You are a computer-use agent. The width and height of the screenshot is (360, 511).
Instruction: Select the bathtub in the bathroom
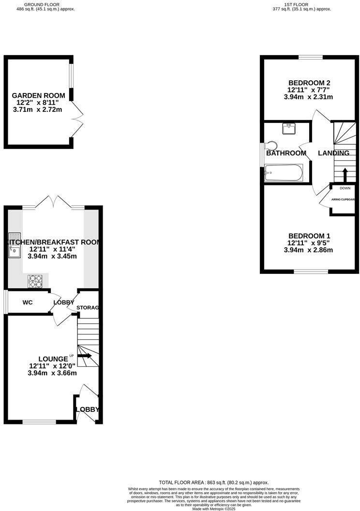tap(284, 173)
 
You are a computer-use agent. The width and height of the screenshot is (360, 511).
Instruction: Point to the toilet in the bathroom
tap(271, 146)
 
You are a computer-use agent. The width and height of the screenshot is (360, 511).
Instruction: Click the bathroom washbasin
tap(289, 129)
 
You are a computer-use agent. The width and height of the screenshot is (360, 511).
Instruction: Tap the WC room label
tap(27, 302)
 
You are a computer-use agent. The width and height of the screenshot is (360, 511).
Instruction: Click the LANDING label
tap(333, 153)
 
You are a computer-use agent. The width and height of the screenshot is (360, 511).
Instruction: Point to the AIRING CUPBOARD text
tap(344, 199)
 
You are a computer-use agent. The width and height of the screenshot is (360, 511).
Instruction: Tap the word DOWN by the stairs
tap(345, 188)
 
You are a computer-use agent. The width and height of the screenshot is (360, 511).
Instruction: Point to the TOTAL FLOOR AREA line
tap(213, 482)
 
